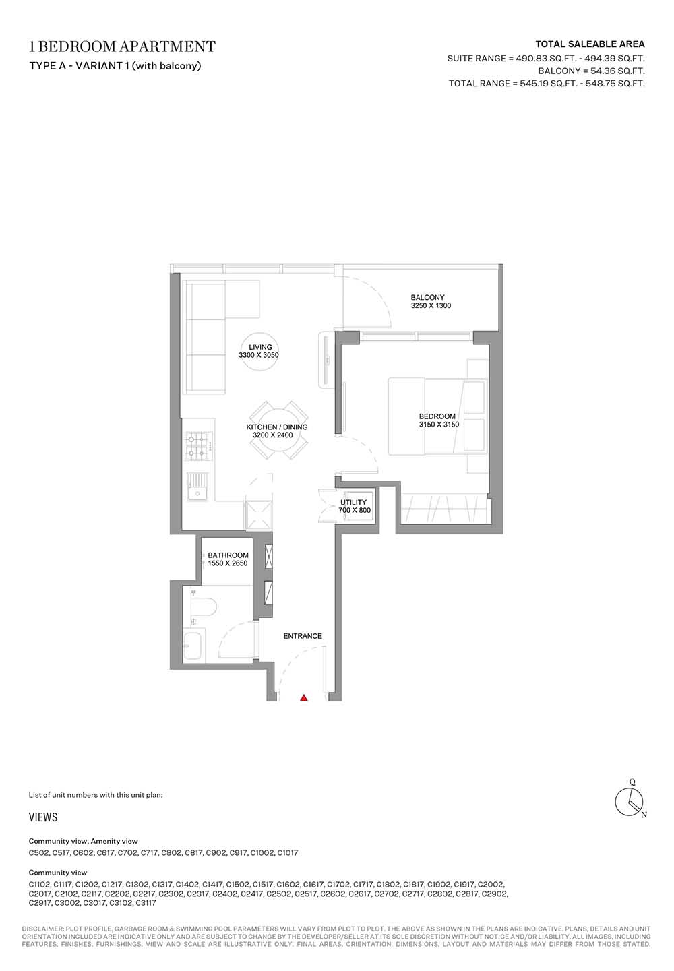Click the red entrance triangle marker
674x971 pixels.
[x=304, y=697]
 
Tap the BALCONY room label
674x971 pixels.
[x=427, y=297]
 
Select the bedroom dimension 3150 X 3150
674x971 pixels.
[x=439, y=425]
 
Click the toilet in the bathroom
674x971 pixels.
[x=203, y=606]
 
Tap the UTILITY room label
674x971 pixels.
[x=353, y=503]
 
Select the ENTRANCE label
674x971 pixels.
[x=303, y=636]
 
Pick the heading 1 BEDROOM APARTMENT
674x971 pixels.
[x=122, y=46]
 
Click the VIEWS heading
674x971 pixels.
[x=43, y=817]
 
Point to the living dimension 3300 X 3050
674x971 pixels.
[x=259, y=355]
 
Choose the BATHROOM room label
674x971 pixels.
[x=228, y=555]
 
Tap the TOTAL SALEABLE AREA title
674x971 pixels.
[x=590, y=44]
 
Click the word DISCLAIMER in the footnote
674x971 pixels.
[x=42, y=929]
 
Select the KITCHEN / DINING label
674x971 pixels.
[x=277, y=427]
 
